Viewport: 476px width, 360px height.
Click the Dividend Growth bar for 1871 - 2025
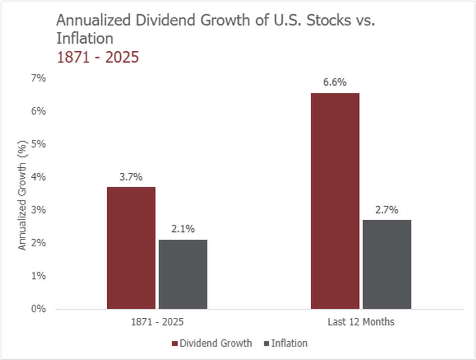pos(131,248)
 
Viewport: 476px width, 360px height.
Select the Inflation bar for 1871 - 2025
pos(183,274)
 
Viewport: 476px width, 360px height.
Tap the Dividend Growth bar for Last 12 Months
pos(335,201)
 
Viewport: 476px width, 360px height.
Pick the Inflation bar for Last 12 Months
pos(387,264)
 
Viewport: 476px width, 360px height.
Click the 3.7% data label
pos(131,177)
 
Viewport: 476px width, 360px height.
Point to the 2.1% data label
pos(183,229)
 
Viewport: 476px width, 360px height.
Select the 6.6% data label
pos(335,82)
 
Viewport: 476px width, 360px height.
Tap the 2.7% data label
pos(387,210)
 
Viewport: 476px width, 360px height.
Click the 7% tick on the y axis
pos(39,78)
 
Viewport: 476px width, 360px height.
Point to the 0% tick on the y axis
pos(39,309)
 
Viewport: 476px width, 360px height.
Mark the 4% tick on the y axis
pos(39,177)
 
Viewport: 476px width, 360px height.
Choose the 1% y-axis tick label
pos(39,276)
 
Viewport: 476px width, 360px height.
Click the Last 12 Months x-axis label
pos(361,322)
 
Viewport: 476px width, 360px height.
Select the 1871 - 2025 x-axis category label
pos(157,322)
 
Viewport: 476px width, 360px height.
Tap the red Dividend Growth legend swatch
pos(175,344)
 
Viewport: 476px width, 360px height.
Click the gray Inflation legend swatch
pos(267,344)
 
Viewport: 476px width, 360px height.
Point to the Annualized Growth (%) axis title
pos(22,195)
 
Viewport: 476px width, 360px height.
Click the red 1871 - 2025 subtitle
pos(98,57)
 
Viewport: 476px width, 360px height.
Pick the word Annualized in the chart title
pos(94,20)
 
